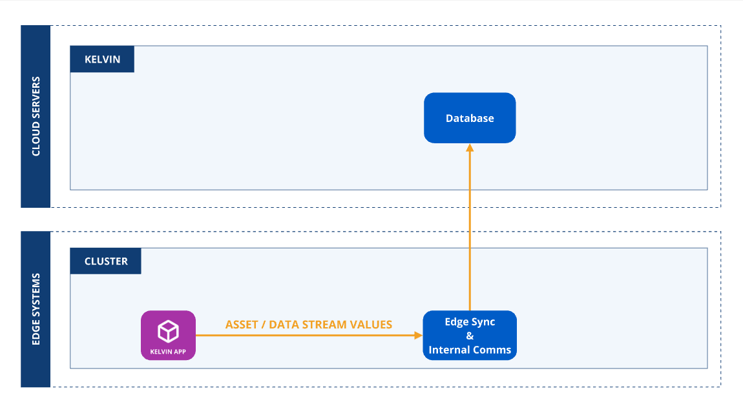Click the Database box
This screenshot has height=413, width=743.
tap(470, 118)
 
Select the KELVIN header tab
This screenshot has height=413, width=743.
tap(102, 59)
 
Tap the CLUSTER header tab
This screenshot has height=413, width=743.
tap(106, 261)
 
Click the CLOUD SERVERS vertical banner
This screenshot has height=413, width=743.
tap(36, 116)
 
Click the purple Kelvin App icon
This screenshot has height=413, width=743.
tap(168, 335)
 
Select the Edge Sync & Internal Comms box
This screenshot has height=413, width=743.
tap(470, 336)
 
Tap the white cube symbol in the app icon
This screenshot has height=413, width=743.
tap(168, 331)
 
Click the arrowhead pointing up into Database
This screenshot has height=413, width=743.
tap(470, 148)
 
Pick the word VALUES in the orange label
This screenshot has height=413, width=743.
tap(371, 325)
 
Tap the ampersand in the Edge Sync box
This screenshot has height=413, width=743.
tap(470, 336)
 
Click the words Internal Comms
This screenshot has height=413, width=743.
tap(470, 350)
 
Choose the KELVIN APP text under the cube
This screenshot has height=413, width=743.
tap(168, 352)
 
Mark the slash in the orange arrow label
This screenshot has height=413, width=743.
tap(262, 325)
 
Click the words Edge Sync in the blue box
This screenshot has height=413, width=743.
tap(470, 321)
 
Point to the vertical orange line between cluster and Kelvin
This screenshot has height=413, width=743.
tap(470, 226)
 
